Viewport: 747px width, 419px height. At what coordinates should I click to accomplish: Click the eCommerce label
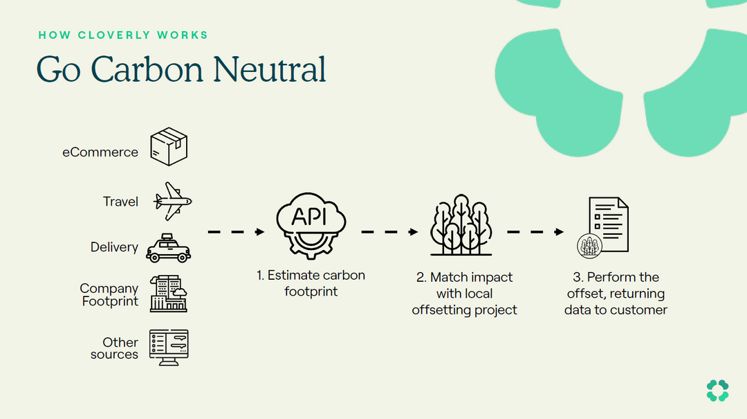[x=100, y=152]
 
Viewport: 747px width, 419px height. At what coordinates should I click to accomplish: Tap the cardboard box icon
[x=169, y=146]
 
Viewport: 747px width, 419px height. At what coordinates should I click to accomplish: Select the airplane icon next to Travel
[x=172, y=201]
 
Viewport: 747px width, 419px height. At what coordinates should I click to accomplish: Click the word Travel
[x=121, y=202]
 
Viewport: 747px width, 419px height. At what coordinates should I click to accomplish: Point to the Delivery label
[x=114, y=247]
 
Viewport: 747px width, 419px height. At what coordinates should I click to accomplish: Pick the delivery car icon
[x=168, y=248]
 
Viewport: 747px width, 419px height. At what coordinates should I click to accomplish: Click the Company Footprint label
[x=109, y=295]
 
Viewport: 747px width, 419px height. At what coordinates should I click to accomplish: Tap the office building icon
[x=169, y=294]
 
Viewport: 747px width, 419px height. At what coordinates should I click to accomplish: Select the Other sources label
[x=115, y=348]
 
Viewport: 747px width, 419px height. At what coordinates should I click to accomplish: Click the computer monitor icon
[x=169, y=347]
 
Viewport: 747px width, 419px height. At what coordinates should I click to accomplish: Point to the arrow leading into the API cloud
[x=237, y=232]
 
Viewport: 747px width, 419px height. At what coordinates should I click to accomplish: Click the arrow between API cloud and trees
[x=389, y=232]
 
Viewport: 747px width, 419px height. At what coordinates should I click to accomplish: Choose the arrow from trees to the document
[x=536, y=232]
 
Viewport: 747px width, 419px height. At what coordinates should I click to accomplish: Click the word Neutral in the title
[x=270, y=70]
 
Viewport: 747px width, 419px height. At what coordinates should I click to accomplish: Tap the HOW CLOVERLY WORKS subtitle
[x=123, y=35]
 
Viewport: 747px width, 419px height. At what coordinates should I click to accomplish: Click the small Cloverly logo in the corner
[x=717, y=390]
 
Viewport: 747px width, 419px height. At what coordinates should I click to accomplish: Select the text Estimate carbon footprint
[x=311, y=283]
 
